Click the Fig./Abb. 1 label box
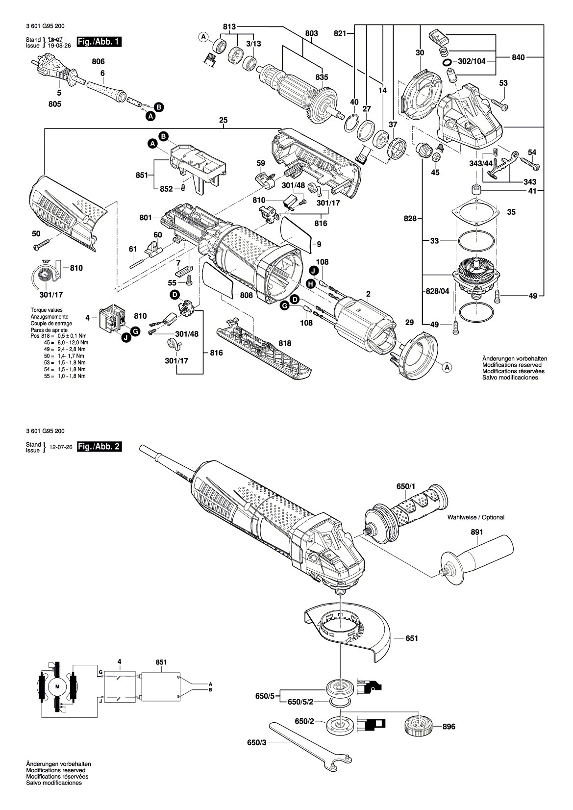[100, 42]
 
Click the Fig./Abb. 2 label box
[100, 447]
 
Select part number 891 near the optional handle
[476, 532]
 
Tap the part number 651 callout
[412, 638]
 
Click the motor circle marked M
[57, 686]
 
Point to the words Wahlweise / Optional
[475, 517]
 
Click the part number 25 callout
[224, 121]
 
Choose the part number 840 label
[518, 57]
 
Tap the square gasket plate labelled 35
[475, 212]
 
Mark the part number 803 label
[311, 33]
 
